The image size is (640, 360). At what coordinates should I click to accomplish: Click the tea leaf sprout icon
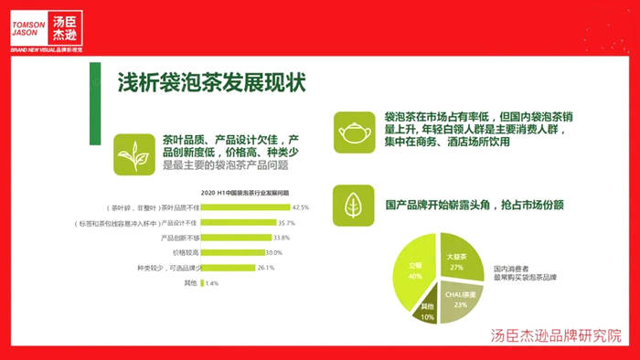point(133,154)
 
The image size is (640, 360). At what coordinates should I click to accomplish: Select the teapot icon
point(353,132)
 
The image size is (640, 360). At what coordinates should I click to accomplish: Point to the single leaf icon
point(353,205)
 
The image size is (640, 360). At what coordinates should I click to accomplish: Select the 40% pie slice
point(412,272)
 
